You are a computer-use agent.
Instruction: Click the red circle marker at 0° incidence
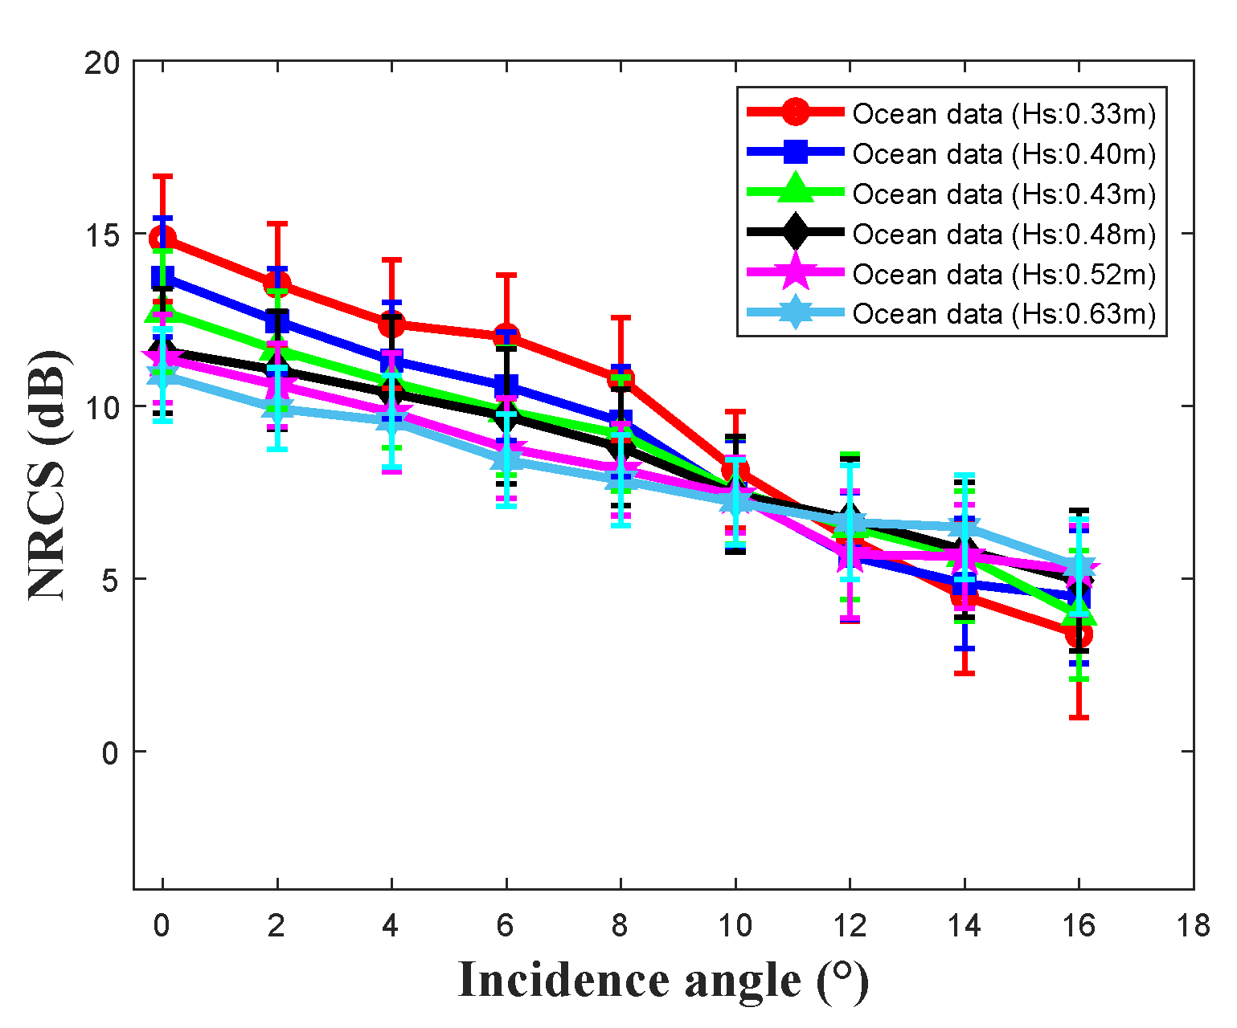163,238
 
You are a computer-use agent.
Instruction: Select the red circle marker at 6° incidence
506,337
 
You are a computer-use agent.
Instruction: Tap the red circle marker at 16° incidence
1079,634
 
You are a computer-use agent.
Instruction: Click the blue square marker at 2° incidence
277,323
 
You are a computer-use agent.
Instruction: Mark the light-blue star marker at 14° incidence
964,527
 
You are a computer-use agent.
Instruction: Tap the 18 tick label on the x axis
1193,926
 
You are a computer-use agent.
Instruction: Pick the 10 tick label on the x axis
735,926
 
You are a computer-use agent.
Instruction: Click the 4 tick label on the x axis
391,926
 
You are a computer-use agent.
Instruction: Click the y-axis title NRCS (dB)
48,474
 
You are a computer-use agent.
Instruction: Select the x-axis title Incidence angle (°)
663,981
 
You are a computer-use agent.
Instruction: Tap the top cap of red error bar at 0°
163,176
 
